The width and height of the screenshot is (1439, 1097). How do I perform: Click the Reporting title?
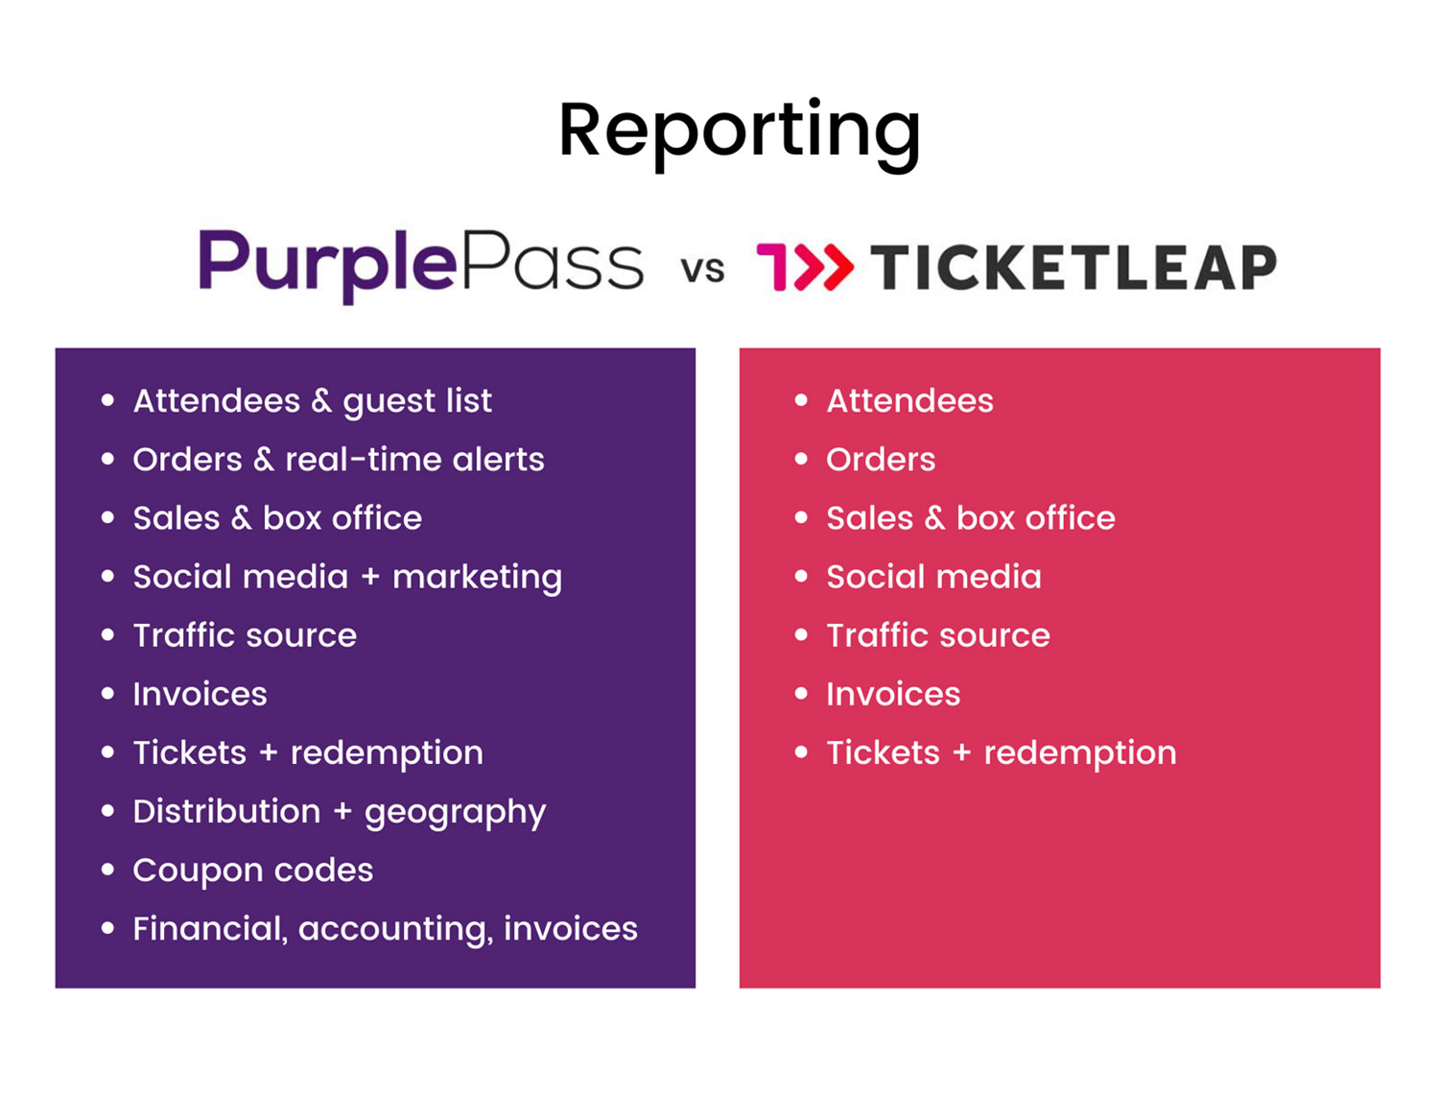point(739,131)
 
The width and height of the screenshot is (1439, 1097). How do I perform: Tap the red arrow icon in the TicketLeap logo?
point(805,267)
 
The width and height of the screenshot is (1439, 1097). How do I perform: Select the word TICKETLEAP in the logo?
point(1073,268)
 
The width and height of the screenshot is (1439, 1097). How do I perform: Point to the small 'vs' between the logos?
point(702,270)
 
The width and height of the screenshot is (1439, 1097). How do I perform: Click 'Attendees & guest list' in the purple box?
point(312,401)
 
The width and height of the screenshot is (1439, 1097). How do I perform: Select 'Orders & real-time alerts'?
point(338,460)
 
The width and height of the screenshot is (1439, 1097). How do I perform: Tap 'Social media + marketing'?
point(347,577)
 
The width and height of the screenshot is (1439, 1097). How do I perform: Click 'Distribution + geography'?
point(339,812)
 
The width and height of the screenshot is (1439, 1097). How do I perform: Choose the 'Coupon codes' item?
point(252,870)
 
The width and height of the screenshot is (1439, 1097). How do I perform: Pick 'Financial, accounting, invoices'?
point(385,929)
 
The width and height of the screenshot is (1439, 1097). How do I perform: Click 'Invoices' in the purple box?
point(200,694)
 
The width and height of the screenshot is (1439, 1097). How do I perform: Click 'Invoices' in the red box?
point(893,694)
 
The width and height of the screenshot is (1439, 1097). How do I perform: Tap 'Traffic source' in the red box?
point(937,635)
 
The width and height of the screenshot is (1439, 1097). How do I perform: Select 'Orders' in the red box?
point(880,460)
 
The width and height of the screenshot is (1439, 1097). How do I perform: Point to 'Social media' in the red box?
point(933,577)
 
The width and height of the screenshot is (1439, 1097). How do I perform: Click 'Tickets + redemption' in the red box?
point(1001,753)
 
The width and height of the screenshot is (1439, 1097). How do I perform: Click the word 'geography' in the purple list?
point(455,814)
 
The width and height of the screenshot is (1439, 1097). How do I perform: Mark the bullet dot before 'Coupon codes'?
point(107,870)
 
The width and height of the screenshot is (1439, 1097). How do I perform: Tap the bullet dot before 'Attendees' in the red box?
point(801,400)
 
